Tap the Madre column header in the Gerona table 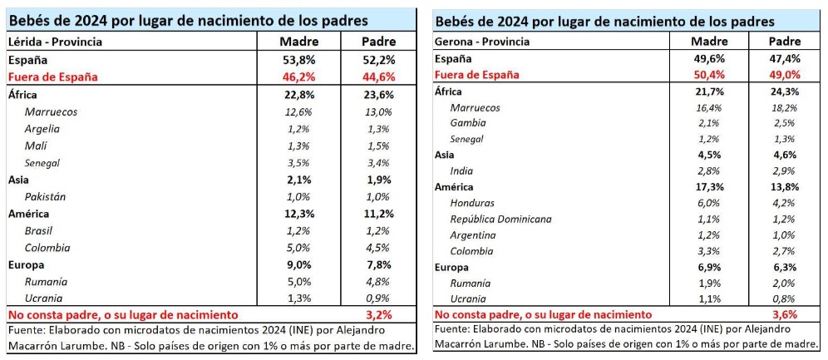click(710, 41)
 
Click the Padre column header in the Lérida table click(379, 42)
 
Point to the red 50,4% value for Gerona click(710, 74)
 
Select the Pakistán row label click(46, 197)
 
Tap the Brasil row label click(39, 230)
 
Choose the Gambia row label click(468, 122)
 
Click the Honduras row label click(472, 203)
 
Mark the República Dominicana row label click(500, 219)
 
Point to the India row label click(463, 170)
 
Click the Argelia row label click(43, 128)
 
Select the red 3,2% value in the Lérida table click(378, 315)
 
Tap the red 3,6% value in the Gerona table click(785, 314)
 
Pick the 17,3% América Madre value click(710, 187)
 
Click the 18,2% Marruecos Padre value click(785, 107)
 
